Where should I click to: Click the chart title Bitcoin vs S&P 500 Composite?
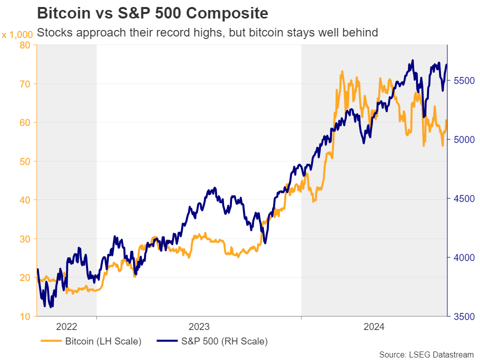[152, 12]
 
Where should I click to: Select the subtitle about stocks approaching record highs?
[207, 33]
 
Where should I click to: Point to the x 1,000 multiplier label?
[17, 34]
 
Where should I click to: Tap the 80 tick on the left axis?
[25, 45]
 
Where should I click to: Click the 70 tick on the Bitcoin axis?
[25, 84]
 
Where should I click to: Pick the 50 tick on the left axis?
[25, 161]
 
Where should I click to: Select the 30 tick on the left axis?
[25, 239]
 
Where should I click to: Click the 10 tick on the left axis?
[25, 316]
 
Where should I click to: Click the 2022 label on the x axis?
[66, 327]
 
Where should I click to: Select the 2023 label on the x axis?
[198, 327]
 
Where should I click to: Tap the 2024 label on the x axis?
[373, 327]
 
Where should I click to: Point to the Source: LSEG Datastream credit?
[426, 354]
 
